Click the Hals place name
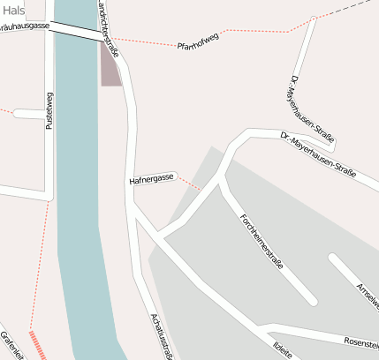14,11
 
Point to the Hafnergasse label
152,178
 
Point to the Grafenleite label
12,344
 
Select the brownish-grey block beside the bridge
109,67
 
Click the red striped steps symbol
38,345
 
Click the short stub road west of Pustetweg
27,114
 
